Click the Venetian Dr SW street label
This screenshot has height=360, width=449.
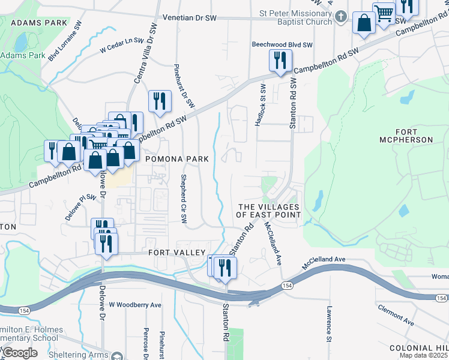(x=189, y=18)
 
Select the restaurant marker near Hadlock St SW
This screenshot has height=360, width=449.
(x=280, y=61)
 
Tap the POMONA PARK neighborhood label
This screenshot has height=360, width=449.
(x=176, y=159)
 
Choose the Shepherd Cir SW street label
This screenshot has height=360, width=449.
(x=183, y=199)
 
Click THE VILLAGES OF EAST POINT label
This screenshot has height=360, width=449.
(x=268, y=211)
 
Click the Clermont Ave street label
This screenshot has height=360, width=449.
(x=396, y=315)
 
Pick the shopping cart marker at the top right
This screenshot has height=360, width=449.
(x=384, y=13)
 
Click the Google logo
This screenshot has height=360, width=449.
(x=20, y=353)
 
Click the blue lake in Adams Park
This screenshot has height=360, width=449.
(x=21, y=42)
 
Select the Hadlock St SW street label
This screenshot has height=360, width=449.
(x=261, y=105)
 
